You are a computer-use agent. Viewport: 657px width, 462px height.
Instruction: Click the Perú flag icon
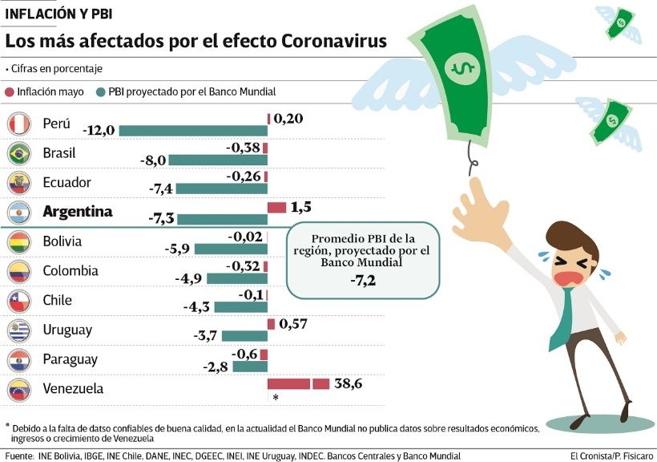(x=18, y=124)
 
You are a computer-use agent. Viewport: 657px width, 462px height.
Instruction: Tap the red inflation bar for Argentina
(x=276, y=208)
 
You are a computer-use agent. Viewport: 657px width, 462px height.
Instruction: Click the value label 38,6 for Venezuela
(x=349, y=384)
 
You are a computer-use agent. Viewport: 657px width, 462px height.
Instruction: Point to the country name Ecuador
(x=67, y=182)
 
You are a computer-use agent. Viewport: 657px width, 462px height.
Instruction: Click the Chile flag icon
(x=18, y=301)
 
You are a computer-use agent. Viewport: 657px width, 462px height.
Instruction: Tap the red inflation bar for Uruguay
(x=271, y=324)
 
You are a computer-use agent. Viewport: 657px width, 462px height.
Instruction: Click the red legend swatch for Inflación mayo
(x=9, y=92)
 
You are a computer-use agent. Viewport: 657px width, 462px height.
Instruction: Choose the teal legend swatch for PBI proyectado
(x=100, y=92)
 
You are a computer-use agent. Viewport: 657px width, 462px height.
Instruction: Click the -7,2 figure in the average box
(x=363, y=279)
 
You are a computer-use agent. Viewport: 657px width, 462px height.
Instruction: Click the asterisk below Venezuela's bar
(x=275, y=398)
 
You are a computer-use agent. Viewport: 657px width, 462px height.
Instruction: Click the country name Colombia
(x=71, y=270)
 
